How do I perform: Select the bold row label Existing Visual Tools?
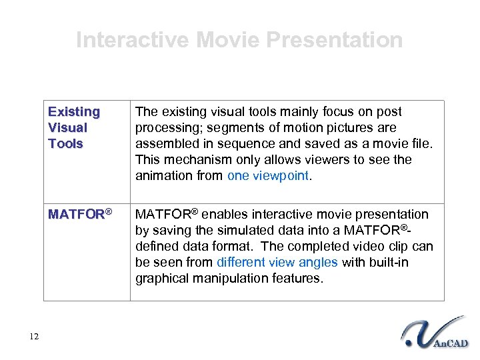tap(74, 127)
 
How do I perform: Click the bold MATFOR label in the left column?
tap(77, 215)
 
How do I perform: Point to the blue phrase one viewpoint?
tap(268, 176)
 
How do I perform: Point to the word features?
tap(298, 279)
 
